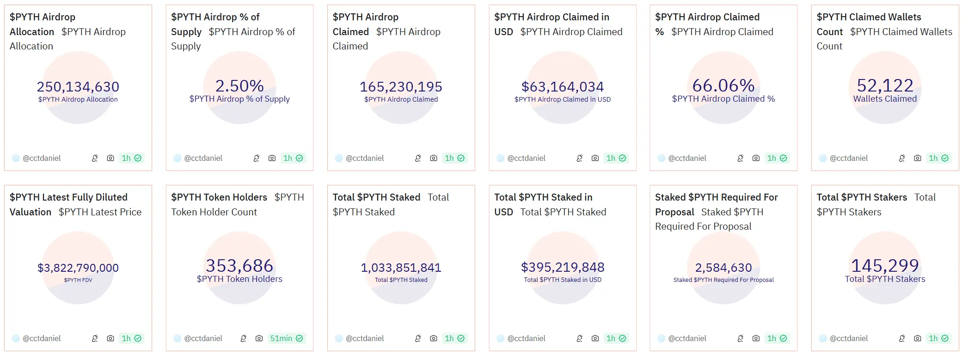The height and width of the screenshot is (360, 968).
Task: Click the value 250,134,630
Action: tap(78, 86)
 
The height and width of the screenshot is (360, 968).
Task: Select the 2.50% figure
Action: tap(239, 85)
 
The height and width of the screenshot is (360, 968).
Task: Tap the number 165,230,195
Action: tap(401, 86)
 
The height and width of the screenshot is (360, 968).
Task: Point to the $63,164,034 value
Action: tap(563, 86)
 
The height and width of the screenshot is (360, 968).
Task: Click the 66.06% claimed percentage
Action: tap(723, 85)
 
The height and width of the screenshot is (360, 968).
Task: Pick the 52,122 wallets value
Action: tap(885, 85)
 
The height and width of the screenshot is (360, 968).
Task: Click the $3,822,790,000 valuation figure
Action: tap(78, 268)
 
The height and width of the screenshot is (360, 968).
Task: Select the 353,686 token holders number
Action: tap(239, 266)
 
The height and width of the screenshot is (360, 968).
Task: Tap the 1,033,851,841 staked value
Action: tap(401, 268)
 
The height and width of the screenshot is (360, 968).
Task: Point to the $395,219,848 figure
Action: tap(563, 267)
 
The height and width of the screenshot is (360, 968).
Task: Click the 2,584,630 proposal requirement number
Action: tap(723, 268)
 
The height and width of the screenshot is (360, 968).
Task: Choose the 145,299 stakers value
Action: tap(885, 266)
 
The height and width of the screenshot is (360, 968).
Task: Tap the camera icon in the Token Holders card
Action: tap(259, 338)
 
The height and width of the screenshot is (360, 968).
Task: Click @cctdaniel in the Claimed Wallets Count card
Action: tap(848, 158)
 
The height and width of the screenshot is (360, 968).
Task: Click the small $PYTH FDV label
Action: tap(78, 280)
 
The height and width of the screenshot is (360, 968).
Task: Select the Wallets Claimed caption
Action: tap(885, 99)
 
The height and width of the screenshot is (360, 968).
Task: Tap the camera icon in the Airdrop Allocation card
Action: tap(110, 158)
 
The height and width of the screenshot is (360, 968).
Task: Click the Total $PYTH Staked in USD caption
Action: tap(563, 280)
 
